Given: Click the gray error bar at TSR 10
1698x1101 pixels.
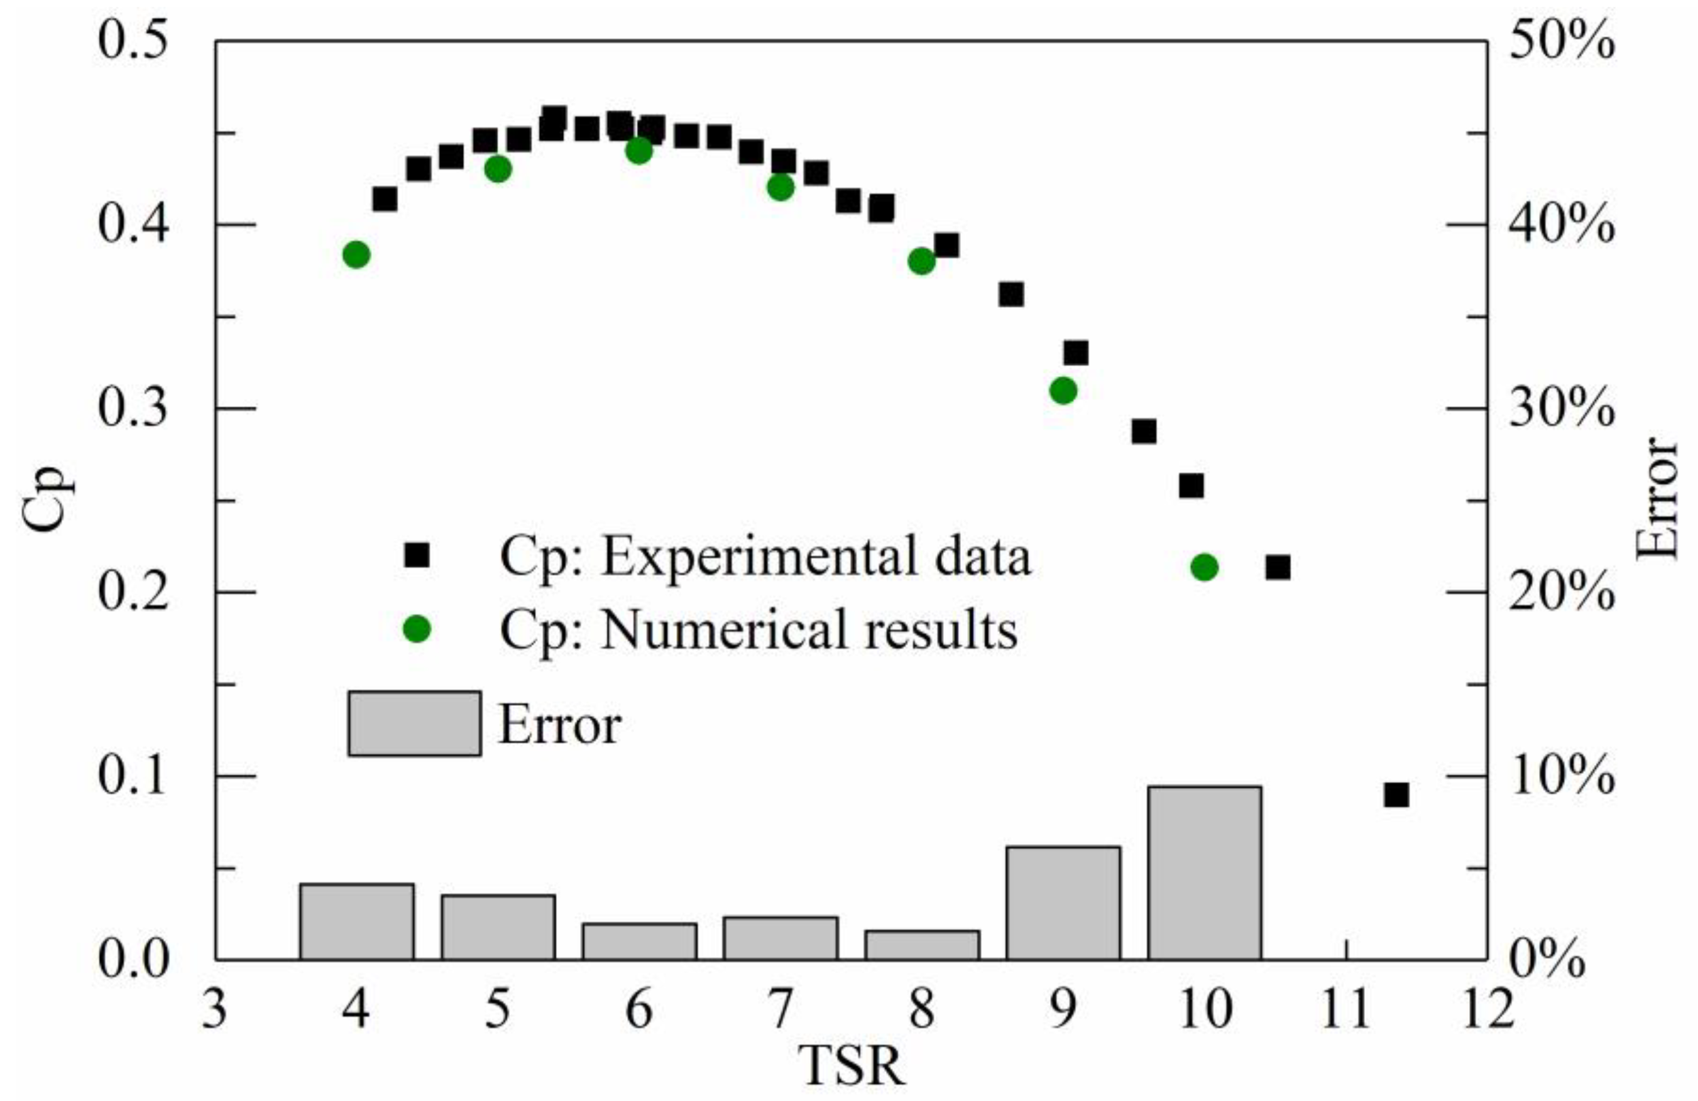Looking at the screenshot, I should click(1204, 873).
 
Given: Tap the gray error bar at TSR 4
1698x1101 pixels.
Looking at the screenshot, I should click(357, 921).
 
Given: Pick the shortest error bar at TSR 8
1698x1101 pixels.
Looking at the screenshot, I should click(922, 945).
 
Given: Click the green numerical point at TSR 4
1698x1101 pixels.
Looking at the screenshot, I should click(356, 254).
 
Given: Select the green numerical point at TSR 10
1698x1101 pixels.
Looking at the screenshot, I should click(1204, 567).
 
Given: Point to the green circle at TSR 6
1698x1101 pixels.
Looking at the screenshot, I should click(638, 151).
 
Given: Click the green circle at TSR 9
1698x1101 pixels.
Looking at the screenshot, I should click(1063, 391).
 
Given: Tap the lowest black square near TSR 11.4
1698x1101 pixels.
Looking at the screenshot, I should click(1396, 795).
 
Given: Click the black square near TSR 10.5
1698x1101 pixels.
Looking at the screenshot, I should click(1278, 568).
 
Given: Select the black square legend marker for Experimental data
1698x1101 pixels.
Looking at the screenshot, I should click(416, 554).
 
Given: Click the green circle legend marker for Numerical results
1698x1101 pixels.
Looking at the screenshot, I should click(416, 628).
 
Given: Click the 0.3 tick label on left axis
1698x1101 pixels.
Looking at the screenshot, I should click(133, 409).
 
